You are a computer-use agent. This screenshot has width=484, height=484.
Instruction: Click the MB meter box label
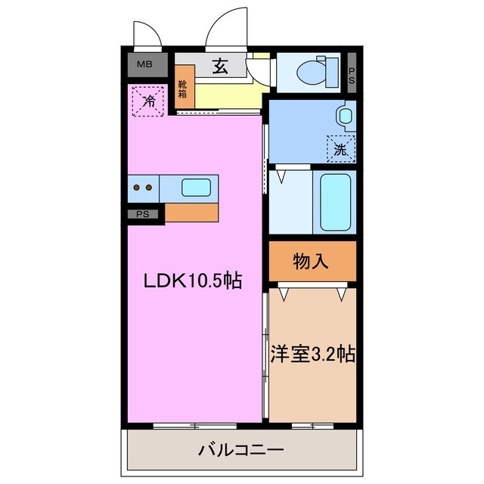point(144,65)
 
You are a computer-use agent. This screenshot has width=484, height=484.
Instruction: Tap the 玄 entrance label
point(219,66)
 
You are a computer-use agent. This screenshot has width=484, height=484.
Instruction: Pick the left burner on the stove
point(137,187)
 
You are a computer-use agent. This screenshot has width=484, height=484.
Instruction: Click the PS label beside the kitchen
point(143,214)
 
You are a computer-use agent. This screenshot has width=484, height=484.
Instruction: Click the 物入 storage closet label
point(311,262)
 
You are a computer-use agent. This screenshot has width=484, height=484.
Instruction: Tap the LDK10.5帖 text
point(193,281)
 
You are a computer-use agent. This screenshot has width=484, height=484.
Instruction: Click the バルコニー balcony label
point(240,451)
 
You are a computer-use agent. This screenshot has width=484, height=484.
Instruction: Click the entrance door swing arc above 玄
point(224,27)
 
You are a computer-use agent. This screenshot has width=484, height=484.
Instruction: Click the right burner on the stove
point(149,187)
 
